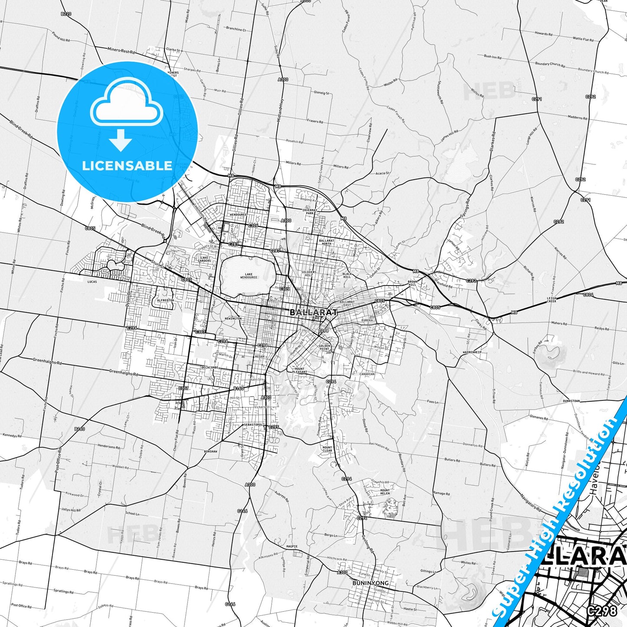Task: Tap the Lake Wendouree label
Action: coord(249,276)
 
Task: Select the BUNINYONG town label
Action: coord(370,583)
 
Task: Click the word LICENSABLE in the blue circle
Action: coord(127,165)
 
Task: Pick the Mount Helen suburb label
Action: coord(385,492)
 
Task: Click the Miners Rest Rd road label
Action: coord(121,51)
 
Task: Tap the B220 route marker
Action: coord(66,14)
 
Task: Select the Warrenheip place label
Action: coord(472,352)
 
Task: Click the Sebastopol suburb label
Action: coord(253,424)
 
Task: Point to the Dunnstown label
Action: coord(571,401)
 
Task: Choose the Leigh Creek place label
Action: coord(551,299)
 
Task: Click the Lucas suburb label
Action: coord(92,282)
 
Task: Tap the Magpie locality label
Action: coord(292,546)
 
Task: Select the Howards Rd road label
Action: coord(543,33)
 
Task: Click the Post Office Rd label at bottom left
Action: coord(21,606)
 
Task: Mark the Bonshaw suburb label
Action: coord(210,451)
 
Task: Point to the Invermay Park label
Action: coord(310,211)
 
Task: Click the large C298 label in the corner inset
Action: coord(602,611)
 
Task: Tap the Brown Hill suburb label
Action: coord(412,283)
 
